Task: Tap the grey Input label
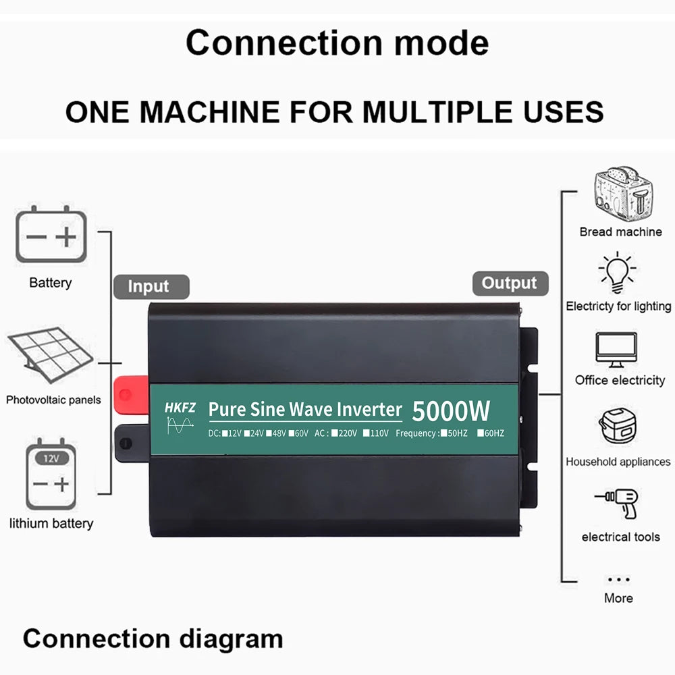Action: pyautogui.click(x=148, y=286)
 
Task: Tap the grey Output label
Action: pyautogui.click(x=510, y=283)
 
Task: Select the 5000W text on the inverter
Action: pyautogui.click(x=451, y=410)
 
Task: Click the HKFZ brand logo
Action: pyautogui.click(x=180, y=408)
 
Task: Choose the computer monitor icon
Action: pyautogui.click(x=616, y=350)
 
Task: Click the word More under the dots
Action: pyautogui.click(x=618, y=598)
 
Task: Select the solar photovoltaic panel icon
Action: pyautogui.click(x=51, y=355)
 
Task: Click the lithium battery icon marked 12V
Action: pyautogui.click(x=51, y=477)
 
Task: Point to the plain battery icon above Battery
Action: pyautogui.click(x=51, y=236)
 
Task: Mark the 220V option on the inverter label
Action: pyautogui.click(x=344, y=433)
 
